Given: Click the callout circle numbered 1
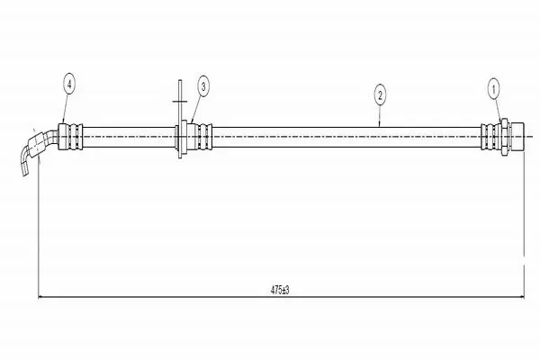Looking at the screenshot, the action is [x=493, y=90].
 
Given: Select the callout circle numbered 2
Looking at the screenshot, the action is [x=380, y=94].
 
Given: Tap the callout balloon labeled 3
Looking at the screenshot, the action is [x=203, y=86].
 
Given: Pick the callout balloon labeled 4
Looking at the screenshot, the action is [x=69, y=84].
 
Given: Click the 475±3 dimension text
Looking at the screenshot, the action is [x=280, y=290].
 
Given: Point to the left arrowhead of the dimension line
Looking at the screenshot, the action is [x=40, y=297].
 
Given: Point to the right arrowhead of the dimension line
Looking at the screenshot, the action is [x=521, y=297].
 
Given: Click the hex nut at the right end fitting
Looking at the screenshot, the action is [x=505, y=137].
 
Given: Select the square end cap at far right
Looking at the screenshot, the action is [x=517, y=137].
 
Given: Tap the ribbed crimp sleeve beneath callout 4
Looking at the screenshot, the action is [x=71, y=137].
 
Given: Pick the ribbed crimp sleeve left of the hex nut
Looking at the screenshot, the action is [x=490, y=137].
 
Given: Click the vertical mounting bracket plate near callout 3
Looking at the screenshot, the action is [x=180, y=119].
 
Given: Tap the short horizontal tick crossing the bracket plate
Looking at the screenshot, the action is [x=180, y=102].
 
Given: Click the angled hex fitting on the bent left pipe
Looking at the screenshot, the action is [x=37, y=143].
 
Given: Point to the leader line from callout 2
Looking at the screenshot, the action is [x=380, y=116].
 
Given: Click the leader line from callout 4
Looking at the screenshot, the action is [x=66, y=109].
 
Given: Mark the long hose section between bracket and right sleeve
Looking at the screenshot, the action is [x=346, y=137].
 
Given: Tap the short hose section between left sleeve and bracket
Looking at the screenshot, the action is [x=129, y=137].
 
